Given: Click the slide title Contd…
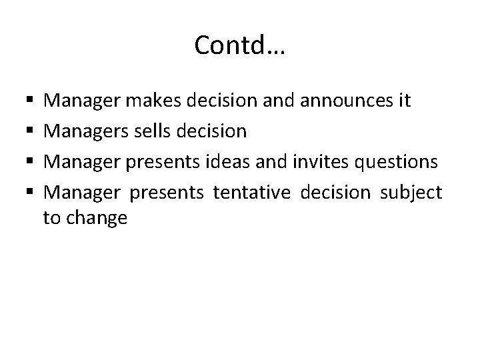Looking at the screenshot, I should (239, 46).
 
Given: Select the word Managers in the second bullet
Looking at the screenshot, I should (87, 132).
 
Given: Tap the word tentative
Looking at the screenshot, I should (253, 193).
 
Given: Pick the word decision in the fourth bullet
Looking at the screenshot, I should (335, 193).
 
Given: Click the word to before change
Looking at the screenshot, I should (51, 217).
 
